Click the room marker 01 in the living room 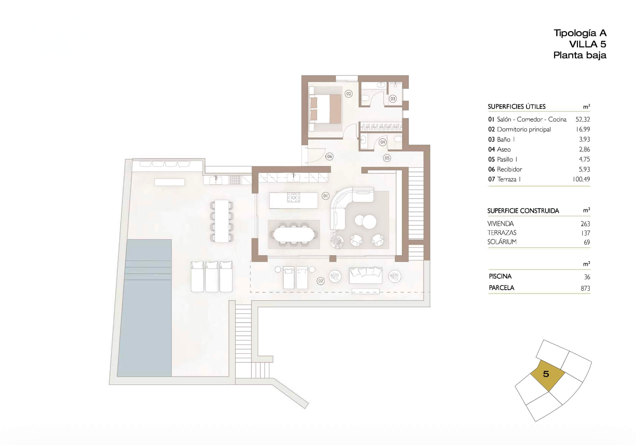click(325, 196)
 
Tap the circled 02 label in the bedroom click(349, 94)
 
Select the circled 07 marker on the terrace click(321, 281)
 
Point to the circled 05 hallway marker click(387, 158)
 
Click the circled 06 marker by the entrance click(329, 156)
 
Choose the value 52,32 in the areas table click(583, 120)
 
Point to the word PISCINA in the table click(500, 276)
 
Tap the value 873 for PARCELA click(586, 289)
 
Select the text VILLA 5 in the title click(588, 44)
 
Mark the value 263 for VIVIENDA click(585, 224)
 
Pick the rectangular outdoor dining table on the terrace click(221, 221)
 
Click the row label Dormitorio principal click(524, 129)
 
